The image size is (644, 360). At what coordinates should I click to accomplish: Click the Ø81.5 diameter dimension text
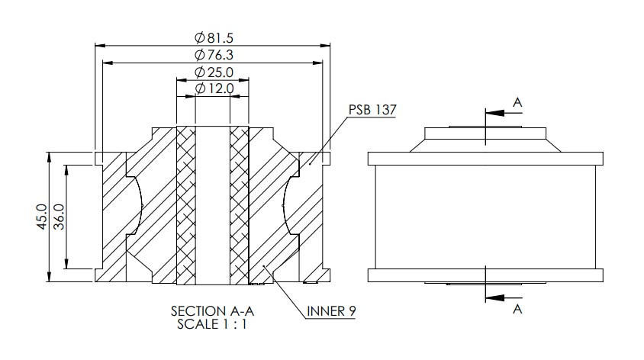pos(214,38)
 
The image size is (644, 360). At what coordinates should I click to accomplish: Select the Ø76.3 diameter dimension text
pos(214,55)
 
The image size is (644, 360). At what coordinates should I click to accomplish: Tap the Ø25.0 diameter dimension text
pos(214,72)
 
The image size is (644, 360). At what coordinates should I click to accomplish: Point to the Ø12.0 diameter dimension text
pos(214,88)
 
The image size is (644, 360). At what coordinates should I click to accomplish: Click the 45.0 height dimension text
pos(42,217)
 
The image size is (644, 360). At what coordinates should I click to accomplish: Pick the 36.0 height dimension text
pos(60,217)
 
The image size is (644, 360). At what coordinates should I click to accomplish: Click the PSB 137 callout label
pos(372,110)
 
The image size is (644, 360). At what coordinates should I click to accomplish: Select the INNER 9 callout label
pos(331,311)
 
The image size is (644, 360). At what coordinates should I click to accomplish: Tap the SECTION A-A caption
pos(212,311)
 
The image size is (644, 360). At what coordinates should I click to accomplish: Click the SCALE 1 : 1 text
pos(212,324)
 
